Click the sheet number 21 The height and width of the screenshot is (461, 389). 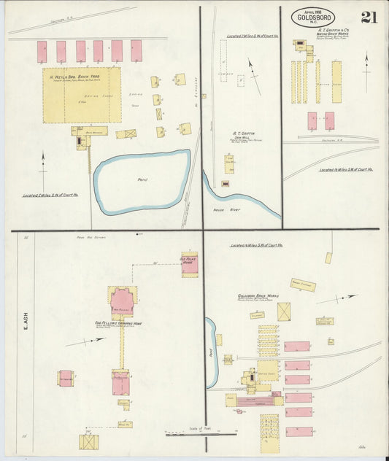(369, 18)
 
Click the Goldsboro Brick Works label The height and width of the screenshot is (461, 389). (258, 296)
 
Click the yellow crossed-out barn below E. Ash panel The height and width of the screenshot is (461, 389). (89, 441)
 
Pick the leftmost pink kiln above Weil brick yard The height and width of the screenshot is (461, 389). (42, 51)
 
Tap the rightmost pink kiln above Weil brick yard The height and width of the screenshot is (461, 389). (136, 50)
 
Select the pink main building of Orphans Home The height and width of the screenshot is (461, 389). (122, 299)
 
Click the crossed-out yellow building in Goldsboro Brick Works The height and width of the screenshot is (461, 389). (283, 311)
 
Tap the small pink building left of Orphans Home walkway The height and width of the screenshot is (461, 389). (66, 378)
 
